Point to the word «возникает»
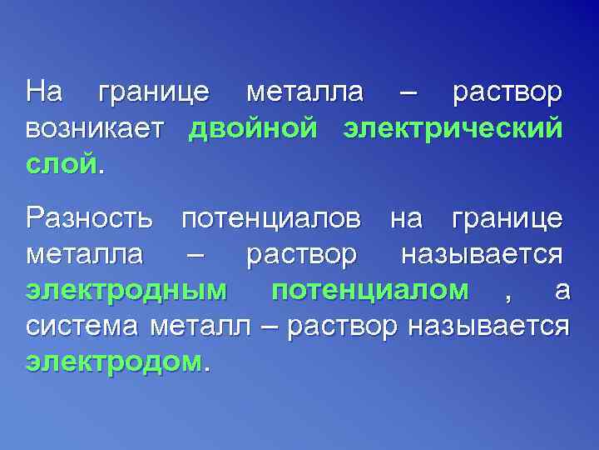click(x=97, y=129)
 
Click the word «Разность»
click(x=89, y=219)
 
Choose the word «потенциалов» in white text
click(x=271, y=219)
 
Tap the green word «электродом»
click(x=113, y=362)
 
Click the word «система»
click(x=84, y=326)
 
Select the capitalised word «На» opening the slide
click(x=43, y=92)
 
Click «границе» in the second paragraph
click(x=507, y=219)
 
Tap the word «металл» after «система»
click(x=199, y=326)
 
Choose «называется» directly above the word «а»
click(x=482, y=254)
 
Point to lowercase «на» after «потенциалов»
click(x=406, y=219)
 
